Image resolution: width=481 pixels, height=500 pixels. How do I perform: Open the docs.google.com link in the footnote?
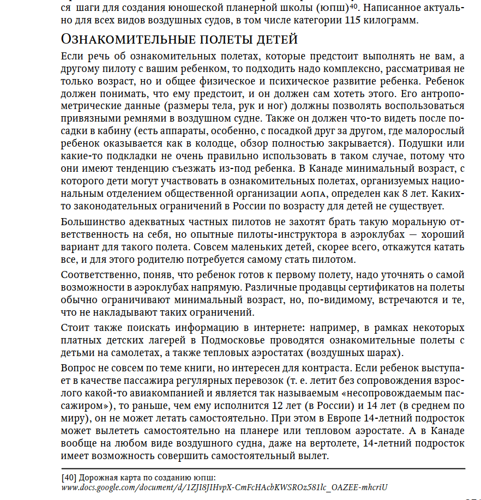coord(224,487)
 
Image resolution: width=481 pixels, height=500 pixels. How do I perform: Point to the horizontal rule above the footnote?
coord(262,468)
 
